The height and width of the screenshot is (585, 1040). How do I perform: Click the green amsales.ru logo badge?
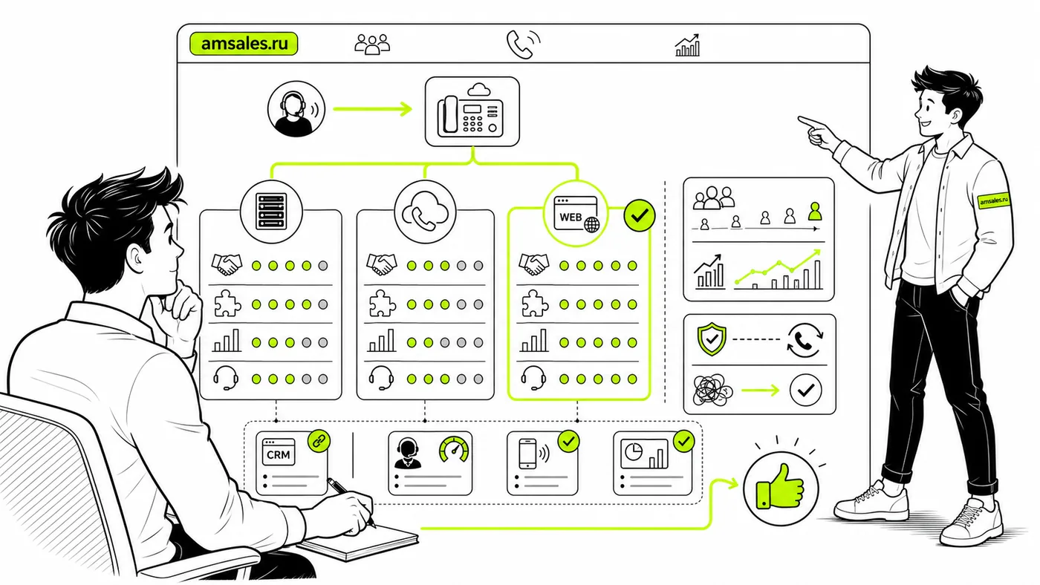(x=244, y=44)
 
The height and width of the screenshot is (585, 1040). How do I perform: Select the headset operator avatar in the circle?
(x=296, y=109)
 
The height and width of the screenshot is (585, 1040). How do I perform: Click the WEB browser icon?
(x=576, y=214)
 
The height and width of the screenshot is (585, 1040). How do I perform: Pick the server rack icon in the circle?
(x=271, y=212)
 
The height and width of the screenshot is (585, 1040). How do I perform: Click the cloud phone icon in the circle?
(x=425, y=212)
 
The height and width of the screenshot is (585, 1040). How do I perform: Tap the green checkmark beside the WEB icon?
(x=640, y=215)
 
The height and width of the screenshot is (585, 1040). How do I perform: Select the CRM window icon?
(x=278, y=452)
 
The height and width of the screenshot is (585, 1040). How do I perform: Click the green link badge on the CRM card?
(x=319, y=441)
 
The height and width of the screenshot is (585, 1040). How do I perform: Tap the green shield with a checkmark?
(x=712, y=339)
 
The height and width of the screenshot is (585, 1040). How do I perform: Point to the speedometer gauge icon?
(x=454, y=450)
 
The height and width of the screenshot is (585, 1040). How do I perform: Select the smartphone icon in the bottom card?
(x=527, y=454)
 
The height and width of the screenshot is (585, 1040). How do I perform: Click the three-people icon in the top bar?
(x=372, y=44)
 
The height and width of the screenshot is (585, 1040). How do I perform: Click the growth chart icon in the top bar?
(x=688, y=45)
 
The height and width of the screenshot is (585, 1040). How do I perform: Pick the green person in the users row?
(x=815, y=211)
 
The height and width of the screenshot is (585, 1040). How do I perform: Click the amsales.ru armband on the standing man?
(x=994, y=200)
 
